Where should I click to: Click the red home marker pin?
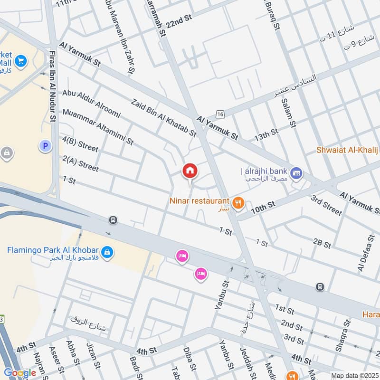[x=190, y=171]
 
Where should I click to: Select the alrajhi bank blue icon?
[x=296, y=172]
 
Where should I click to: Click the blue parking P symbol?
[x=45, y=146]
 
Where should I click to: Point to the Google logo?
[x=20, y=373]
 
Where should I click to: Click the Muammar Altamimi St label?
[x=98, y=127]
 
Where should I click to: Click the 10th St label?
[x=264, y=205]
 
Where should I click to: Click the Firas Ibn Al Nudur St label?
[x=52, y=90]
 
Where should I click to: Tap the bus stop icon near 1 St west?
[x=113, y=220]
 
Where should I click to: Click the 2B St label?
[x=322, y=244]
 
